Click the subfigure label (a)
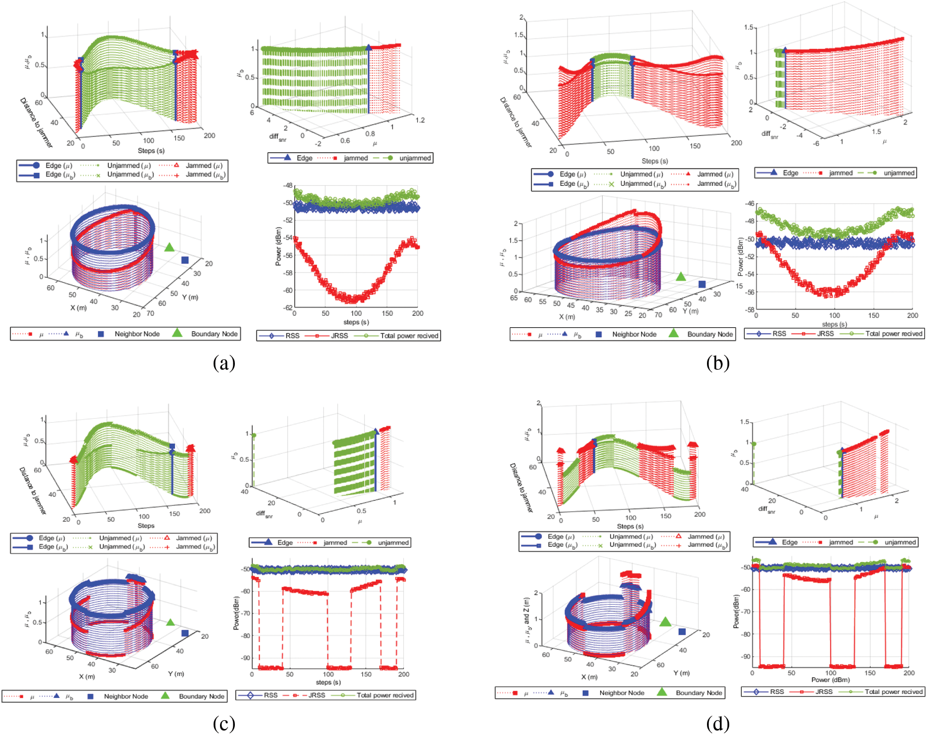click(x=223, y=363)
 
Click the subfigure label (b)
click(x=717, y=363)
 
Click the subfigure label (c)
click(x=223, y=724)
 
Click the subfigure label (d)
click(x=717, y=724)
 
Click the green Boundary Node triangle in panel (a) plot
click(x=170, y=247)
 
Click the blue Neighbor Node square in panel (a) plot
click(x=185, y=260)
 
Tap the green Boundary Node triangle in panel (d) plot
click(x=665, y=622)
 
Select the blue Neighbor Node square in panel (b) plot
click(x=702, y=284)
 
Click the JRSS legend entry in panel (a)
click(x=339, y=336)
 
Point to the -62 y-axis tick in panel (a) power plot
click(x=287, y=307)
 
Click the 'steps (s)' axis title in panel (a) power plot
click(x=356, y=322)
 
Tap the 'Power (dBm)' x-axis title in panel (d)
click(x=830, y=680)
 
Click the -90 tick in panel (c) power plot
click(x=245, y=658)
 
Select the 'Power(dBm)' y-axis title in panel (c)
click(x=236, y=613)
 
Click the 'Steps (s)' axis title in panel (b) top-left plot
click(x=655, y=161)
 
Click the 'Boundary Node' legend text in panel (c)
click(x=201, y=696)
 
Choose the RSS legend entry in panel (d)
click(x=777, y=692)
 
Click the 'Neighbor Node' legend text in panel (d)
click(x=621, y=693)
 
